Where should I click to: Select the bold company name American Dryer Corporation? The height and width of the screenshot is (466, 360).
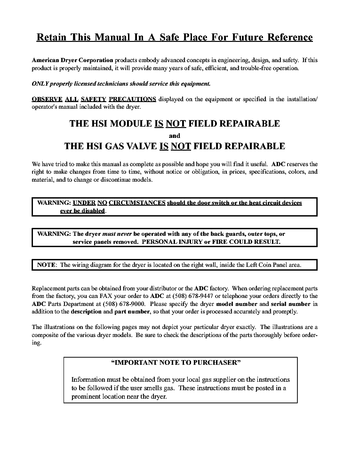tap(72, 60)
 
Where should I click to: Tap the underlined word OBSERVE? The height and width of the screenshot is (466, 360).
tap(47, 99)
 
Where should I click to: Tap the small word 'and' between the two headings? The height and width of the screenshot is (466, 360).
tap(174, 136)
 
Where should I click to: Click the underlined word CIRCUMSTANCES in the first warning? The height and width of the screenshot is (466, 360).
tap(137, 203)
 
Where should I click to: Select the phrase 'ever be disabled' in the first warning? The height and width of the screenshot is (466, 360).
tap(82, 211)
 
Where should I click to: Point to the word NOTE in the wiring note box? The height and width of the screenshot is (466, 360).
tap(47, 265)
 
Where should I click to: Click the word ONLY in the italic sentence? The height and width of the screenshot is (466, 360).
tap(40, 84)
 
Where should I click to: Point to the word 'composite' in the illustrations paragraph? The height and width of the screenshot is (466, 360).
tap(46, 335)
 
